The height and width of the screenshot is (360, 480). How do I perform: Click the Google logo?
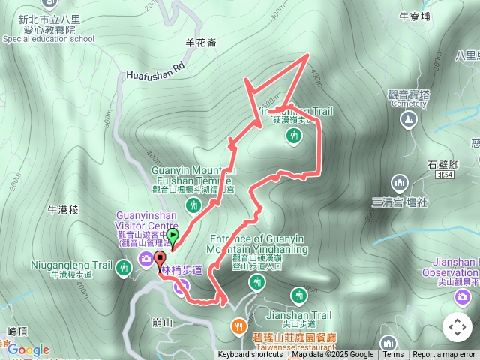click(28, 349)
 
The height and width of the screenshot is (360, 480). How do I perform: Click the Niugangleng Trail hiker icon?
click(123, 266)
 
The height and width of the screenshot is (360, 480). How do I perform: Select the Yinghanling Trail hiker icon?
click(294, 136)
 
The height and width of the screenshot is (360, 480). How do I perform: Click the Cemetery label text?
click(409, 104)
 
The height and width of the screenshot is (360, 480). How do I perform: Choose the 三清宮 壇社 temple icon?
click(400, 182)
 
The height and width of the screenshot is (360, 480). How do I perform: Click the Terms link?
click(393, 355)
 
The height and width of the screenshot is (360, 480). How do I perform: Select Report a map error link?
click(444, 355)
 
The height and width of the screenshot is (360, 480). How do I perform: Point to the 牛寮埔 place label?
click(415, 14)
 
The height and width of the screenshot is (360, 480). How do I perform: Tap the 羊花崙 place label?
click(202, 43)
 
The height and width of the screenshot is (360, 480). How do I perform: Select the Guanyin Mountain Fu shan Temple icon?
click(194, 205)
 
